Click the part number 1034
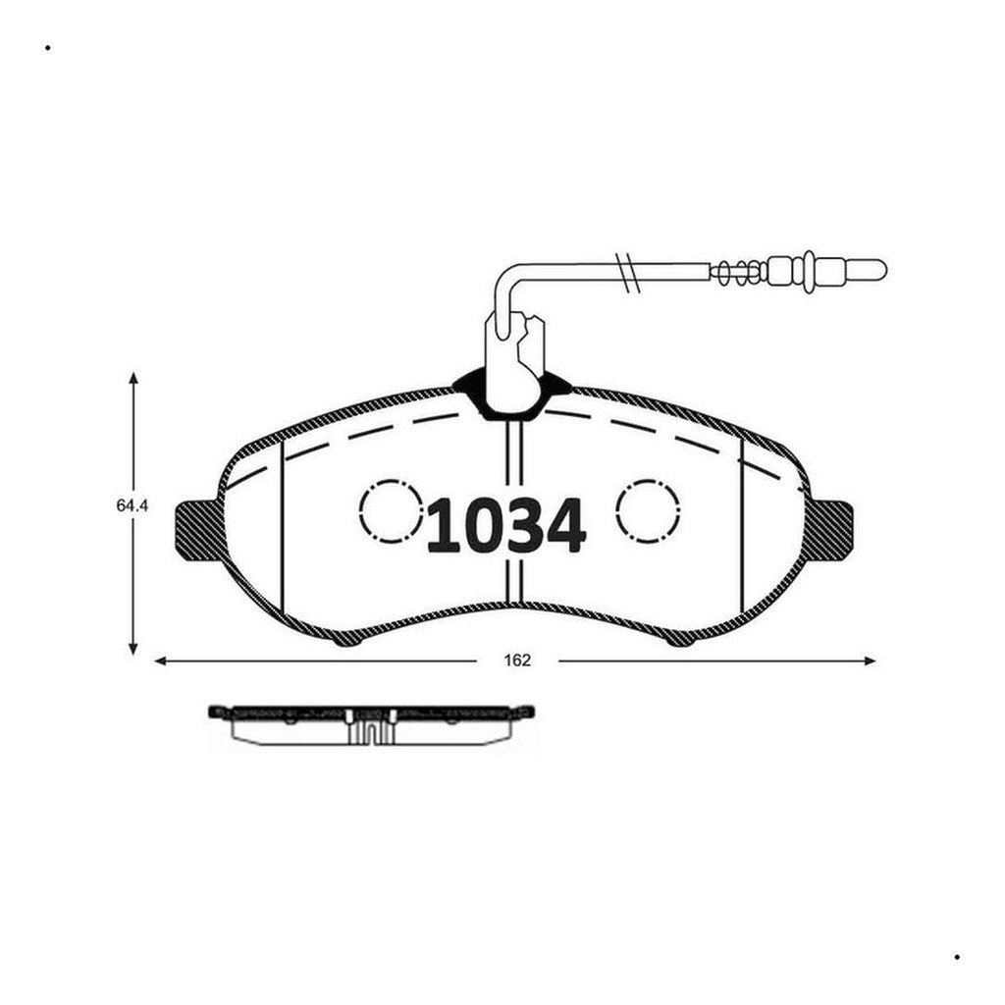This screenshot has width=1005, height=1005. [x=506, y=526]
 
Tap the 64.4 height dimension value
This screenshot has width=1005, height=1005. [x=132, y=505]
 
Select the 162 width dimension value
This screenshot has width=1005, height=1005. [x=517, y=661]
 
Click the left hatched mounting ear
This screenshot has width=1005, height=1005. [x=198, y=531]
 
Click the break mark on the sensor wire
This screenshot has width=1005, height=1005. [x=628, y=273]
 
